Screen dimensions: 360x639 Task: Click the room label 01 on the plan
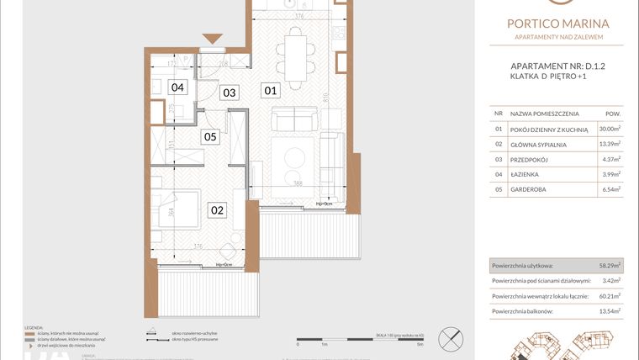coord(270,89)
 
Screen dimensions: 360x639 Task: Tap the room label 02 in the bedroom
coord(217,210)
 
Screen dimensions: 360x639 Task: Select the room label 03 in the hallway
coord(229,93)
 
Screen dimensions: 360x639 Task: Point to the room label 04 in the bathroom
coord(177,87)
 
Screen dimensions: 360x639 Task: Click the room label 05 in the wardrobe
coord(210,136)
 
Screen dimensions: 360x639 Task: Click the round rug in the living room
coord(297,157)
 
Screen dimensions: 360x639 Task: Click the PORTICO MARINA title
coord(558,25)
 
